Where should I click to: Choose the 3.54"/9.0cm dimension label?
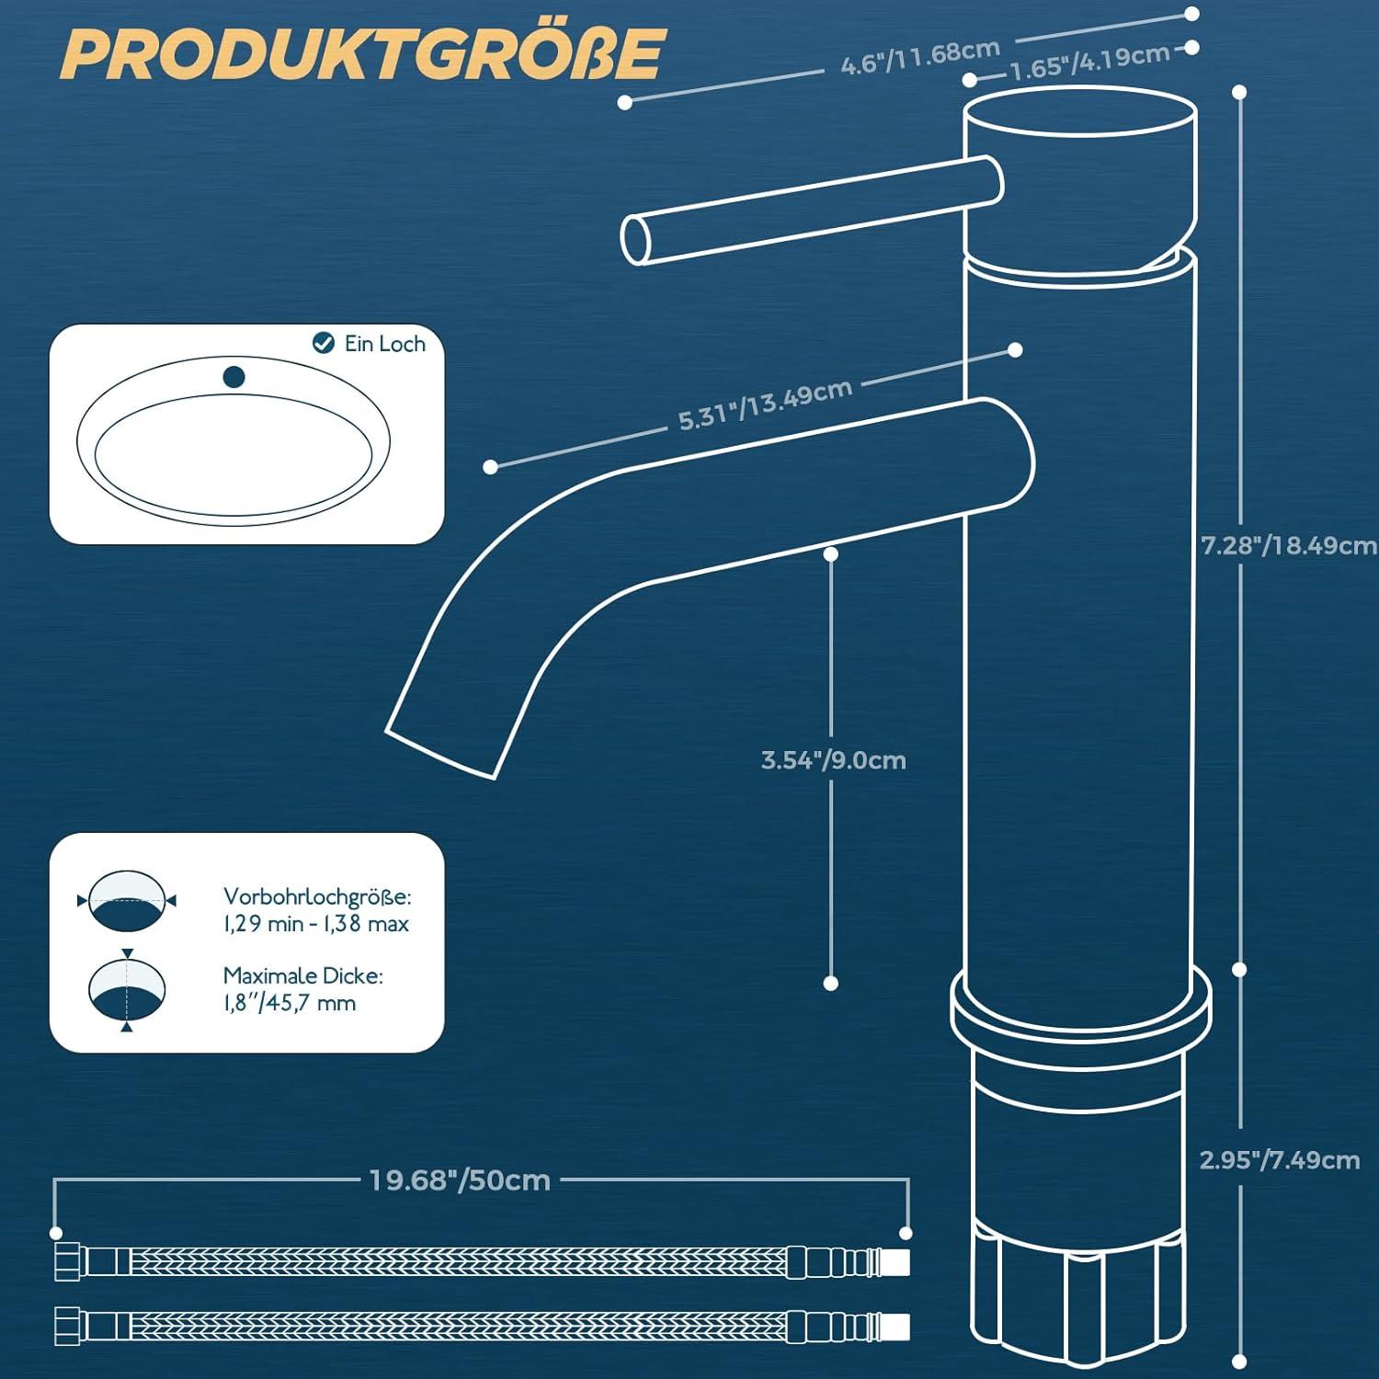click(x=833, y=760)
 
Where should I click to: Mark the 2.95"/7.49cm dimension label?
click(x=1279, y=1160)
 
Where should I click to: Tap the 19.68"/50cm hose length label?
click(x=460, y=1180)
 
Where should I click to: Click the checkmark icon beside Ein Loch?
click(x=323, y=343)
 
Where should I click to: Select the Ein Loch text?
click(x=384, y=344)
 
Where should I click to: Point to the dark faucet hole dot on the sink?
click(x=234, y=376)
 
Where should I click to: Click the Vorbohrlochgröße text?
click(x=316, y=896)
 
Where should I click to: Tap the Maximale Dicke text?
click(x=302, y=975)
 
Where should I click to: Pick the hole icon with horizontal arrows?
click(x=127, y=900)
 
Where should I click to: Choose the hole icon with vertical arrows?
click(x=127, y=990)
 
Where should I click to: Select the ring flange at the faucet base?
click(x=1080, y=1011)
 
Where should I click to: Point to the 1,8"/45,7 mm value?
click(x=289, y=1003)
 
